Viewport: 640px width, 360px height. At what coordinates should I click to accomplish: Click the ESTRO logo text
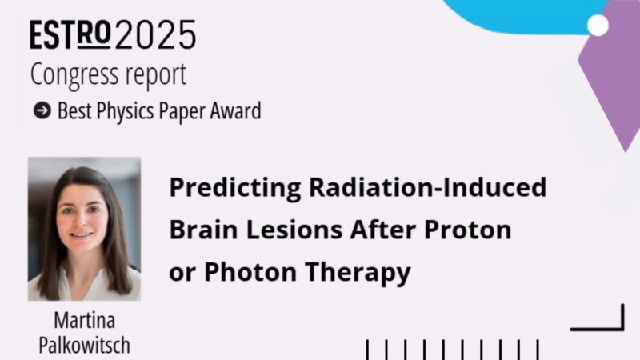point(71,36)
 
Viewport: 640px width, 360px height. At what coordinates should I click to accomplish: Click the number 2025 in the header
point(155,36)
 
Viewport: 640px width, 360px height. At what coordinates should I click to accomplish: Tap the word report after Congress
point(156,74)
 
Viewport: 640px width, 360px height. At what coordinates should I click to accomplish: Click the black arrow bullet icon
point(42,111)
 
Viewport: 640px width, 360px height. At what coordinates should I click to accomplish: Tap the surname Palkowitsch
point(84,346)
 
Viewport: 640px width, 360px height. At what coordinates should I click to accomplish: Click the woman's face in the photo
point(82,215)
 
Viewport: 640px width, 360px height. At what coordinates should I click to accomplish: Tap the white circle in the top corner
point(598,26)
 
